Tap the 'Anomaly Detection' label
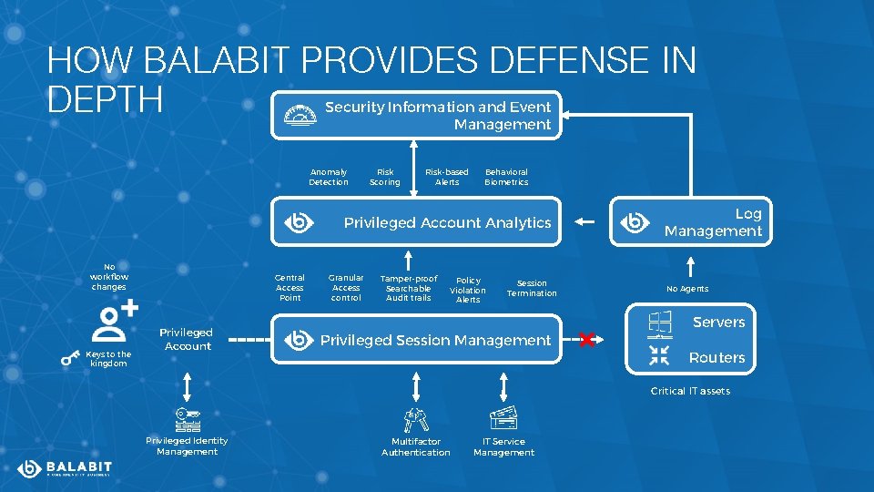329,177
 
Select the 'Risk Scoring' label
385,177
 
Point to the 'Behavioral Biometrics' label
506,177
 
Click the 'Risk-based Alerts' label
447,177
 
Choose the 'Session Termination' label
532,288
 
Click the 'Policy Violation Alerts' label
468,290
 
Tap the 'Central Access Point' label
290,288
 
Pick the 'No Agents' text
687,289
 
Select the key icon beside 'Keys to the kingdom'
70,359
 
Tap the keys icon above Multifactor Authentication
416,419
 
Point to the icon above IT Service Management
503,418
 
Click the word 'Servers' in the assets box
718,323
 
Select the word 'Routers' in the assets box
716,358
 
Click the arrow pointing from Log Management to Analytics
585,221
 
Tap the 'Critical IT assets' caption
690,391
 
